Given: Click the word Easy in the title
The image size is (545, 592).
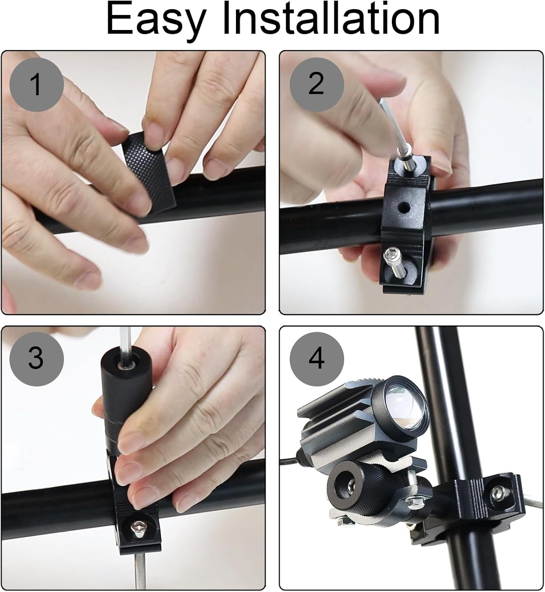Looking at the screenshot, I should pos(155,20).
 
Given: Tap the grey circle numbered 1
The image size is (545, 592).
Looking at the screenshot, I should pos(36,84).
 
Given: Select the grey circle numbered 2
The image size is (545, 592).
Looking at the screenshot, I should pos(317,84).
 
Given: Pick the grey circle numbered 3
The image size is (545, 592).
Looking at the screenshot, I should pos(36,358).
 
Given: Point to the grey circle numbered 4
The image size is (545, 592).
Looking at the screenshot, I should pos(317,358).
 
